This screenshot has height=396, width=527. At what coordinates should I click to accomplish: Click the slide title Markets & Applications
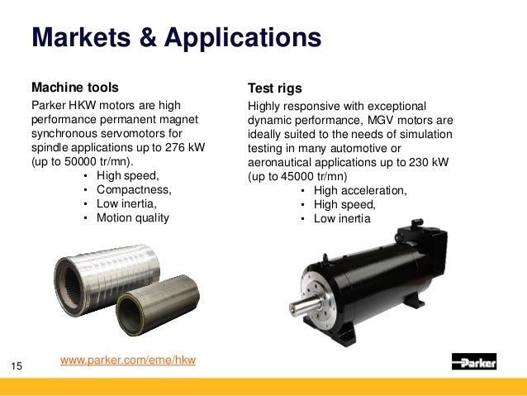pos(175,38)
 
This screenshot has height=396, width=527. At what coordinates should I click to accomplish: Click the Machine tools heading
pos(74,87)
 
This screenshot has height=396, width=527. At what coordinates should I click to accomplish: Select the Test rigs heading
pos(275,88)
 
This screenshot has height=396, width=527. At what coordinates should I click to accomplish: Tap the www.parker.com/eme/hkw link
pos(129,361)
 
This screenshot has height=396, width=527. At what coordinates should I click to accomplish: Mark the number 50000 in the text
pos(64,161)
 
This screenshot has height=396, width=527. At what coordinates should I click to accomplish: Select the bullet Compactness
pos(134,190)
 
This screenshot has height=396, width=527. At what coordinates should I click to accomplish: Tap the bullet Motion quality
pos(133,218)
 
